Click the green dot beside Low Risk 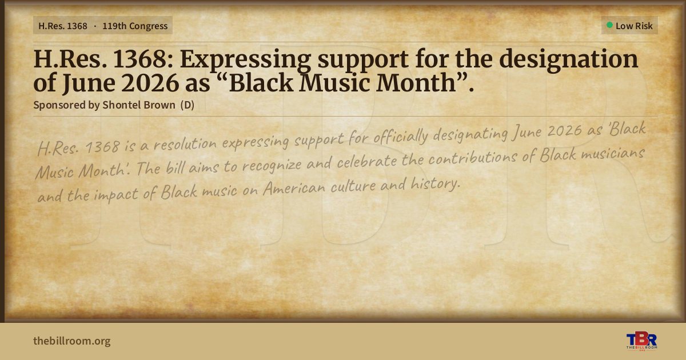coord(609,25)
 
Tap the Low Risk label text coord(634,26)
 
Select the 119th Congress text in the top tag coord(135,26)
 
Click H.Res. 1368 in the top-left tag coord(63,26)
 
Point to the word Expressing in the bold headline coord(246,59)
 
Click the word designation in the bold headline coord(569,59)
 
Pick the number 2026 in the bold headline coord(150,83)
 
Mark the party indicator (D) coord(188,105)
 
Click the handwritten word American coord(294,187)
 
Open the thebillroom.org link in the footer coord(72,341)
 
